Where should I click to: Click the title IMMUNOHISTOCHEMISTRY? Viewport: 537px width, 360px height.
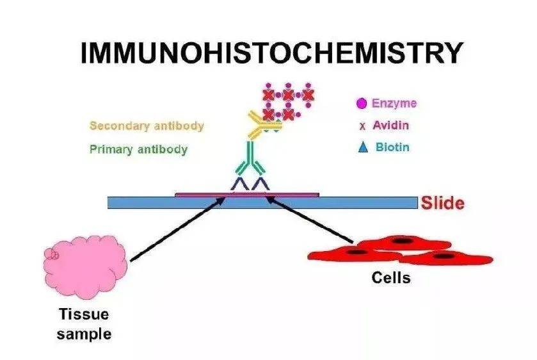point(270,53)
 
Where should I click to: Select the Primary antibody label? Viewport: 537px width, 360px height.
point(138,150)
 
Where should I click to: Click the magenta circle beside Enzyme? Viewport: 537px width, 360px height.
point(362,102)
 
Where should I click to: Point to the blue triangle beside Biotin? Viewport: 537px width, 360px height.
point(363,147)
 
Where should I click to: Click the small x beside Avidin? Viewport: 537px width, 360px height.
point(362,126)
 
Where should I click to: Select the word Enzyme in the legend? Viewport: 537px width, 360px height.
point(394,102)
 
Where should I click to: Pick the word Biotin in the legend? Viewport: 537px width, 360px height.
point(392,147)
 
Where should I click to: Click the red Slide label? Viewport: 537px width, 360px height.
point(442,204)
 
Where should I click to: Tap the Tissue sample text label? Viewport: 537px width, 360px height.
point(84,324)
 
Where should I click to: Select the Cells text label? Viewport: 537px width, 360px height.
point(391,279)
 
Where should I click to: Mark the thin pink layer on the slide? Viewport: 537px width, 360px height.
point(205,193)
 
